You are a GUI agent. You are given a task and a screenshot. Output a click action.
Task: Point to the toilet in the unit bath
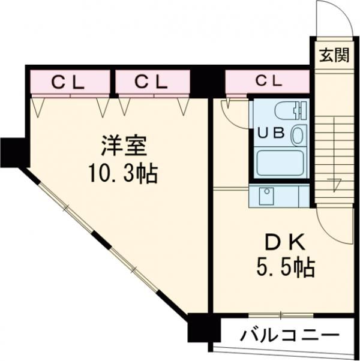[x=291, y=110]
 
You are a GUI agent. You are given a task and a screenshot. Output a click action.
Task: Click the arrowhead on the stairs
[x=333, y=182]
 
